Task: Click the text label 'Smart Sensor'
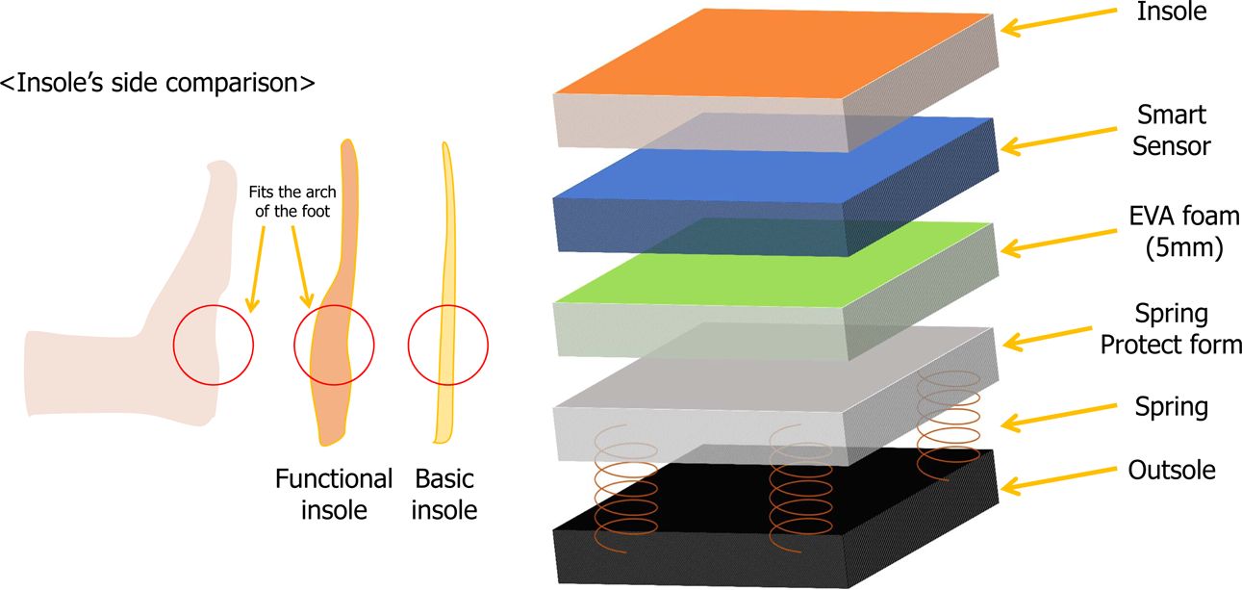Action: [1171, 130]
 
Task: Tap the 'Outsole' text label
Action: [1171, 471]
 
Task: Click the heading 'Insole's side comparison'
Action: [158, 83]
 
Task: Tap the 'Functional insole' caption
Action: [334, 494]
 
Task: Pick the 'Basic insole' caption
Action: [444, 494]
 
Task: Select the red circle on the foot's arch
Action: [214, 344]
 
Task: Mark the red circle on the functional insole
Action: [334, 344]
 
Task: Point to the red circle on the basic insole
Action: [447, 344]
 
